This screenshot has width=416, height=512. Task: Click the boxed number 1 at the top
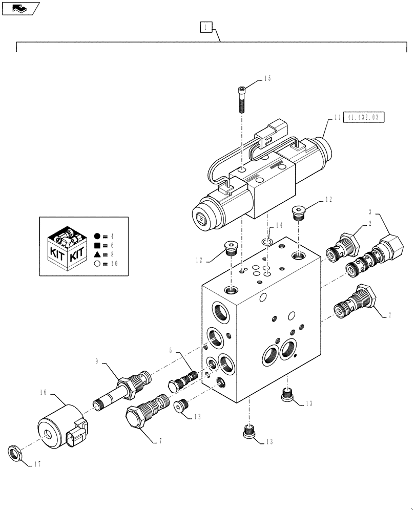(x=204, y=27)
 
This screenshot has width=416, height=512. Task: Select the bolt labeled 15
(x=242, y=100)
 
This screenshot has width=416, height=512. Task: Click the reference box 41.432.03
(x=363, y=117)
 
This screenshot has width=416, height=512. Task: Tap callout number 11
(x=337, y=117)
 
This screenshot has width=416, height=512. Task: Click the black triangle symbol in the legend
(x=97, y=254)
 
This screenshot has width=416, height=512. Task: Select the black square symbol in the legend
(x=97, y=245)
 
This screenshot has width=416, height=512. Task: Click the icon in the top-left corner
(x=20, y=8)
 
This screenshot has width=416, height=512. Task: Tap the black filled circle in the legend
(x=97, y=236)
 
